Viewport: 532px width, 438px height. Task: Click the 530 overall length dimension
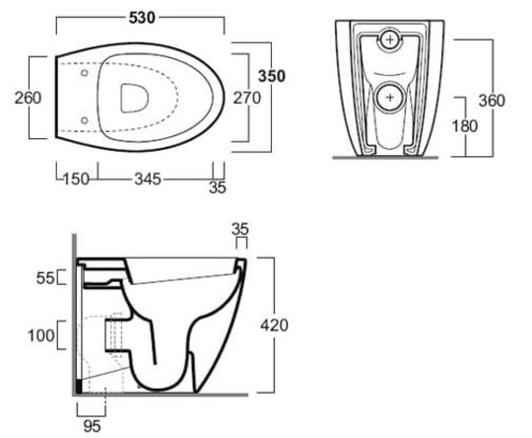pyautogui.click(x=142, y=18)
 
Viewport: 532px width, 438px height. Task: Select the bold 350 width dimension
pyautogui.click(x=272, y=76)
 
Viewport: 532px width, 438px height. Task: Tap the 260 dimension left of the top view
pyautogui.click(x=28, y=98)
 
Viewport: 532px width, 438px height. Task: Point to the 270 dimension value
pyautogui.click(x=247, y=98)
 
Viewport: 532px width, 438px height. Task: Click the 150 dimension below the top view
pyautogui.click(x=76, y=180)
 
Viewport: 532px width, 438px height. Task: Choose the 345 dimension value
pyautogui.click(x=148, y=180)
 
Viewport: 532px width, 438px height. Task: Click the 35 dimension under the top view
pyautogui.click(x=218, y=187)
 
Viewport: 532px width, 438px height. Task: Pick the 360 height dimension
pyautogui.click(x=492, y=101)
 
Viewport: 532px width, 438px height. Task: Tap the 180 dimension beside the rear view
pyautogui.click(x=465, y=126)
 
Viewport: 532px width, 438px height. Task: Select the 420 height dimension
pyautogui.click(x=274, y=326)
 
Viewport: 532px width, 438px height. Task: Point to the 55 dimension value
pyautogui.click(x=45, y=278)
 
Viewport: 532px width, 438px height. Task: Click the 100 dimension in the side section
pyautogui.click(x=41, y=335)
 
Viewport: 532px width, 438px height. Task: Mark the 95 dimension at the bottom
pyautogui.click(x=92, y=426)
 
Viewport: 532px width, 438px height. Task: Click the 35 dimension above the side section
pyautogui.click(x=240, y=230)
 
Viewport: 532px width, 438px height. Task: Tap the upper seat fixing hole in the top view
pyautogui.click(x=84, y=73)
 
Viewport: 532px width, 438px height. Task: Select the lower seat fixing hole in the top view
pyautogui.click(x=84, y=120)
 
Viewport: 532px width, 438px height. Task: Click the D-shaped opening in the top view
pyautogui.click(x=134, y=98)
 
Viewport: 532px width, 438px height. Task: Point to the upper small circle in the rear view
pyautogui.click(x=390, y=39)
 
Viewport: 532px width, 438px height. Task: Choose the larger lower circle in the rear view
pyautogui.click(x=390, y=98)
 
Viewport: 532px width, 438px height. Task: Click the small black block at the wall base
pyautogui.click(x=80, y=386)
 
